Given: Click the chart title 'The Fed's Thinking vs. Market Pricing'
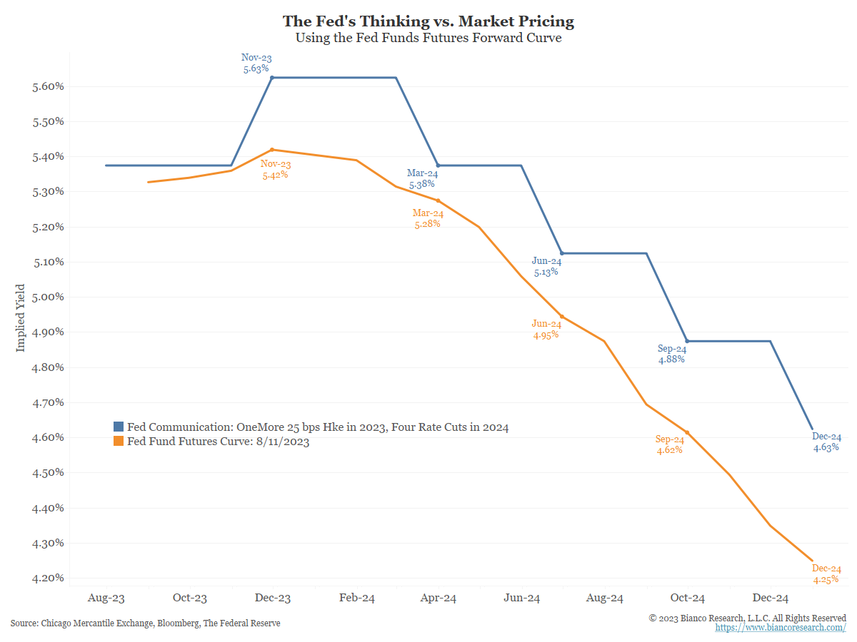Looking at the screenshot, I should [428, 21].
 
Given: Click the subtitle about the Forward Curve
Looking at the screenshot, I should [428, 39].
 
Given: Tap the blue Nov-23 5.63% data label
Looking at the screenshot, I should [256, 63].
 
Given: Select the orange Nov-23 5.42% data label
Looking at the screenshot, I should [275, 169].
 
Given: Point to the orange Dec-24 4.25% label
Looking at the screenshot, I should [826, 574].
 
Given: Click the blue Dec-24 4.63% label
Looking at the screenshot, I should [826, 442].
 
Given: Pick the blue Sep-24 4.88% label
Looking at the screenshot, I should [671, 354].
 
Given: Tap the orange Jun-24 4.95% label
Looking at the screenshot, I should [546, 329].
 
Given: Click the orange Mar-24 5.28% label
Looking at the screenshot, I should [428, 218].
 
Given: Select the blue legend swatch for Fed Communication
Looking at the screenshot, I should [119, 427].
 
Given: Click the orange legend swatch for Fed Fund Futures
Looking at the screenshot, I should [119, 442].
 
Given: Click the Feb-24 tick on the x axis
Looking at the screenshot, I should [356, 598].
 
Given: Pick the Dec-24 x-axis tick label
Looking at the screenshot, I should [771, 598].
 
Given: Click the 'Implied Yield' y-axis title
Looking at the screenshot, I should [21, 318].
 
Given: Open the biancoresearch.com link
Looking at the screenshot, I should [781, 628].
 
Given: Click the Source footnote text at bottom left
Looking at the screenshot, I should [146, 623].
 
